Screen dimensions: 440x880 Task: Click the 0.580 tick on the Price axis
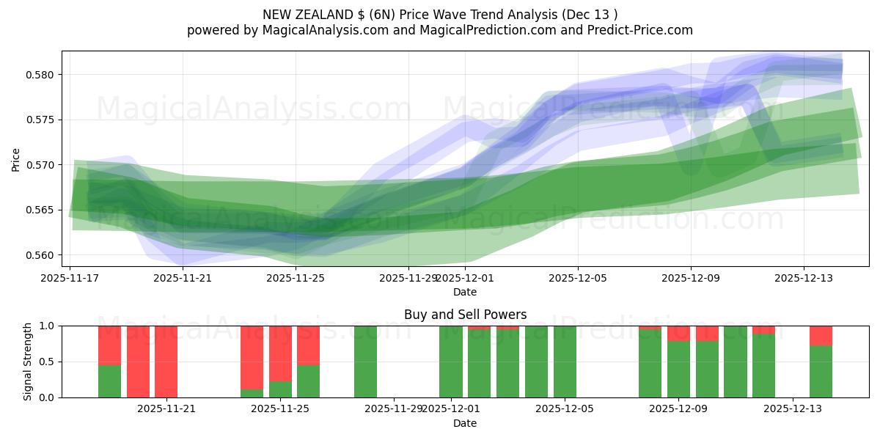click(x=45, y=75)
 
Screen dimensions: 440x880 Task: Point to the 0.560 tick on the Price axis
click(x=45, y=255)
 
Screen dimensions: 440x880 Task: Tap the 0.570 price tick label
click(x=45, y=165)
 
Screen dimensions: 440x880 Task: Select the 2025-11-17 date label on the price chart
click(x=70, y=278)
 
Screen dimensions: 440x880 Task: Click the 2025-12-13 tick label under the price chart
click(x=803, y=278)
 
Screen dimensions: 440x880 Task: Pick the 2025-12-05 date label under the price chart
click(x=577, y=278)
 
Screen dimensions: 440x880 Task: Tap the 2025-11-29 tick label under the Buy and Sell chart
click(x=394, y=409)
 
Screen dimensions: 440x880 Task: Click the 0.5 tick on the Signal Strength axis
click(x=48, y=362)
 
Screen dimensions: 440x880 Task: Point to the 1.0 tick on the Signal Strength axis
click(x=48, y=326)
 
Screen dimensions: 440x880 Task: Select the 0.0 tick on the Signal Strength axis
click(x=48, y=397)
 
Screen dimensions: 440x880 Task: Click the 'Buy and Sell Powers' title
click(x=465, y=315)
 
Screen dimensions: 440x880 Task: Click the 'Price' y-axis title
click(x=16, y=159)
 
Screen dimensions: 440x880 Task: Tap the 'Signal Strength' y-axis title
click(x=28, y=362)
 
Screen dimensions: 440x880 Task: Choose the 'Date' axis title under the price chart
click(x=465, y=292)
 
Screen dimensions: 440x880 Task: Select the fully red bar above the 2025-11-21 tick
click(x=166, y=362)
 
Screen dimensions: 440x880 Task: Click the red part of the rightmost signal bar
click(x=821, y=335)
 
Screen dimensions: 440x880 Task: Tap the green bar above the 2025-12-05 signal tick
click(x=565, y=362)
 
